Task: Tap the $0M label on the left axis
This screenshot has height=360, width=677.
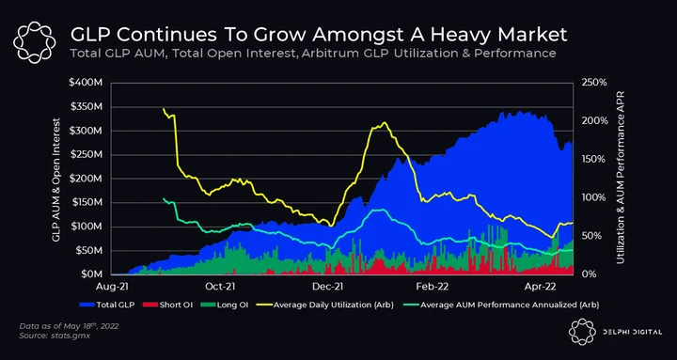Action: tap(91, 274)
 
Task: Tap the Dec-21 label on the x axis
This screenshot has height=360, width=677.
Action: tap(330, 286)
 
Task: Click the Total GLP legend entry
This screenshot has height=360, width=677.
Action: tap(107, 305)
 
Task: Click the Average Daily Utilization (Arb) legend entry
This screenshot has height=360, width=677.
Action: tap(326, 305)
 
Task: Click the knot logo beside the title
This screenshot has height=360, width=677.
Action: tap(34, 42)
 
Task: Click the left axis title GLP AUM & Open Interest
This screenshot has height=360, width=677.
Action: tap(56, 180)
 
